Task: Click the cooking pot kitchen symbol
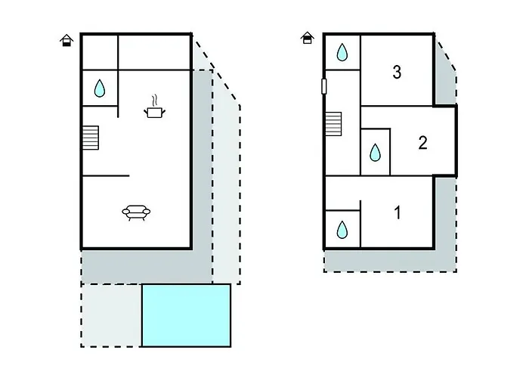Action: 155,107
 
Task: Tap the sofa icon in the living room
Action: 136,212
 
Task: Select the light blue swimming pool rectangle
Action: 186,315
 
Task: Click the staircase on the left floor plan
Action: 91,138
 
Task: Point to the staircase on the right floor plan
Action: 333,124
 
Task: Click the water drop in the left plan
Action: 100,88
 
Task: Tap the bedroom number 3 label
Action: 397,73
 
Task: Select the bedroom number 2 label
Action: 422,143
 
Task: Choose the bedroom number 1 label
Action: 398,212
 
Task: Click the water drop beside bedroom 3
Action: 342,52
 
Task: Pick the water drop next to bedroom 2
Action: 375,152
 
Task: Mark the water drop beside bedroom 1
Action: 342,230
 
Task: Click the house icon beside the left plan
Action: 67,40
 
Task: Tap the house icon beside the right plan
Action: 307,38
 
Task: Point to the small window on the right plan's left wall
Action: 324,86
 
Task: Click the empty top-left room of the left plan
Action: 101,52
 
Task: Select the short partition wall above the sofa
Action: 106,175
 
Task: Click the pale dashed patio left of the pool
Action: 111,315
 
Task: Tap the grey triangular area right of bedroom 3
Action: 444,78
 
